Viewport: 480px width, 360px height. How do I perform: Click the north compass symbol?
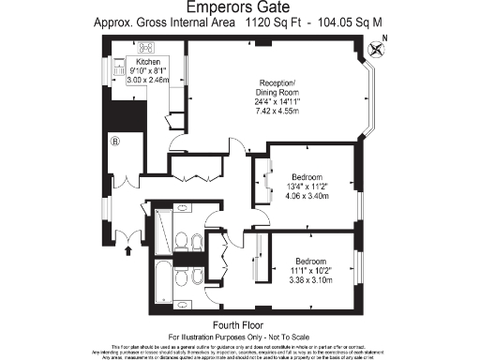(377, 50)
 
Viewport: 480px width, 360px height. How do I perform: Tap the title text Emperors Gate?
(239, 7)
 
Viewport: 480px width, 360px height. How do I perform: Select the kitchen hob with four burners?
(120, 67)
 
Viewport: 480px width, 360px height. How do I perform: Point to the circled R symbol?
(116, 143)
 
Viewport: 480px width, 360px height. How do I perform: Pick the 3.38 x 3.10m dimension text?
(310, 279)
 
